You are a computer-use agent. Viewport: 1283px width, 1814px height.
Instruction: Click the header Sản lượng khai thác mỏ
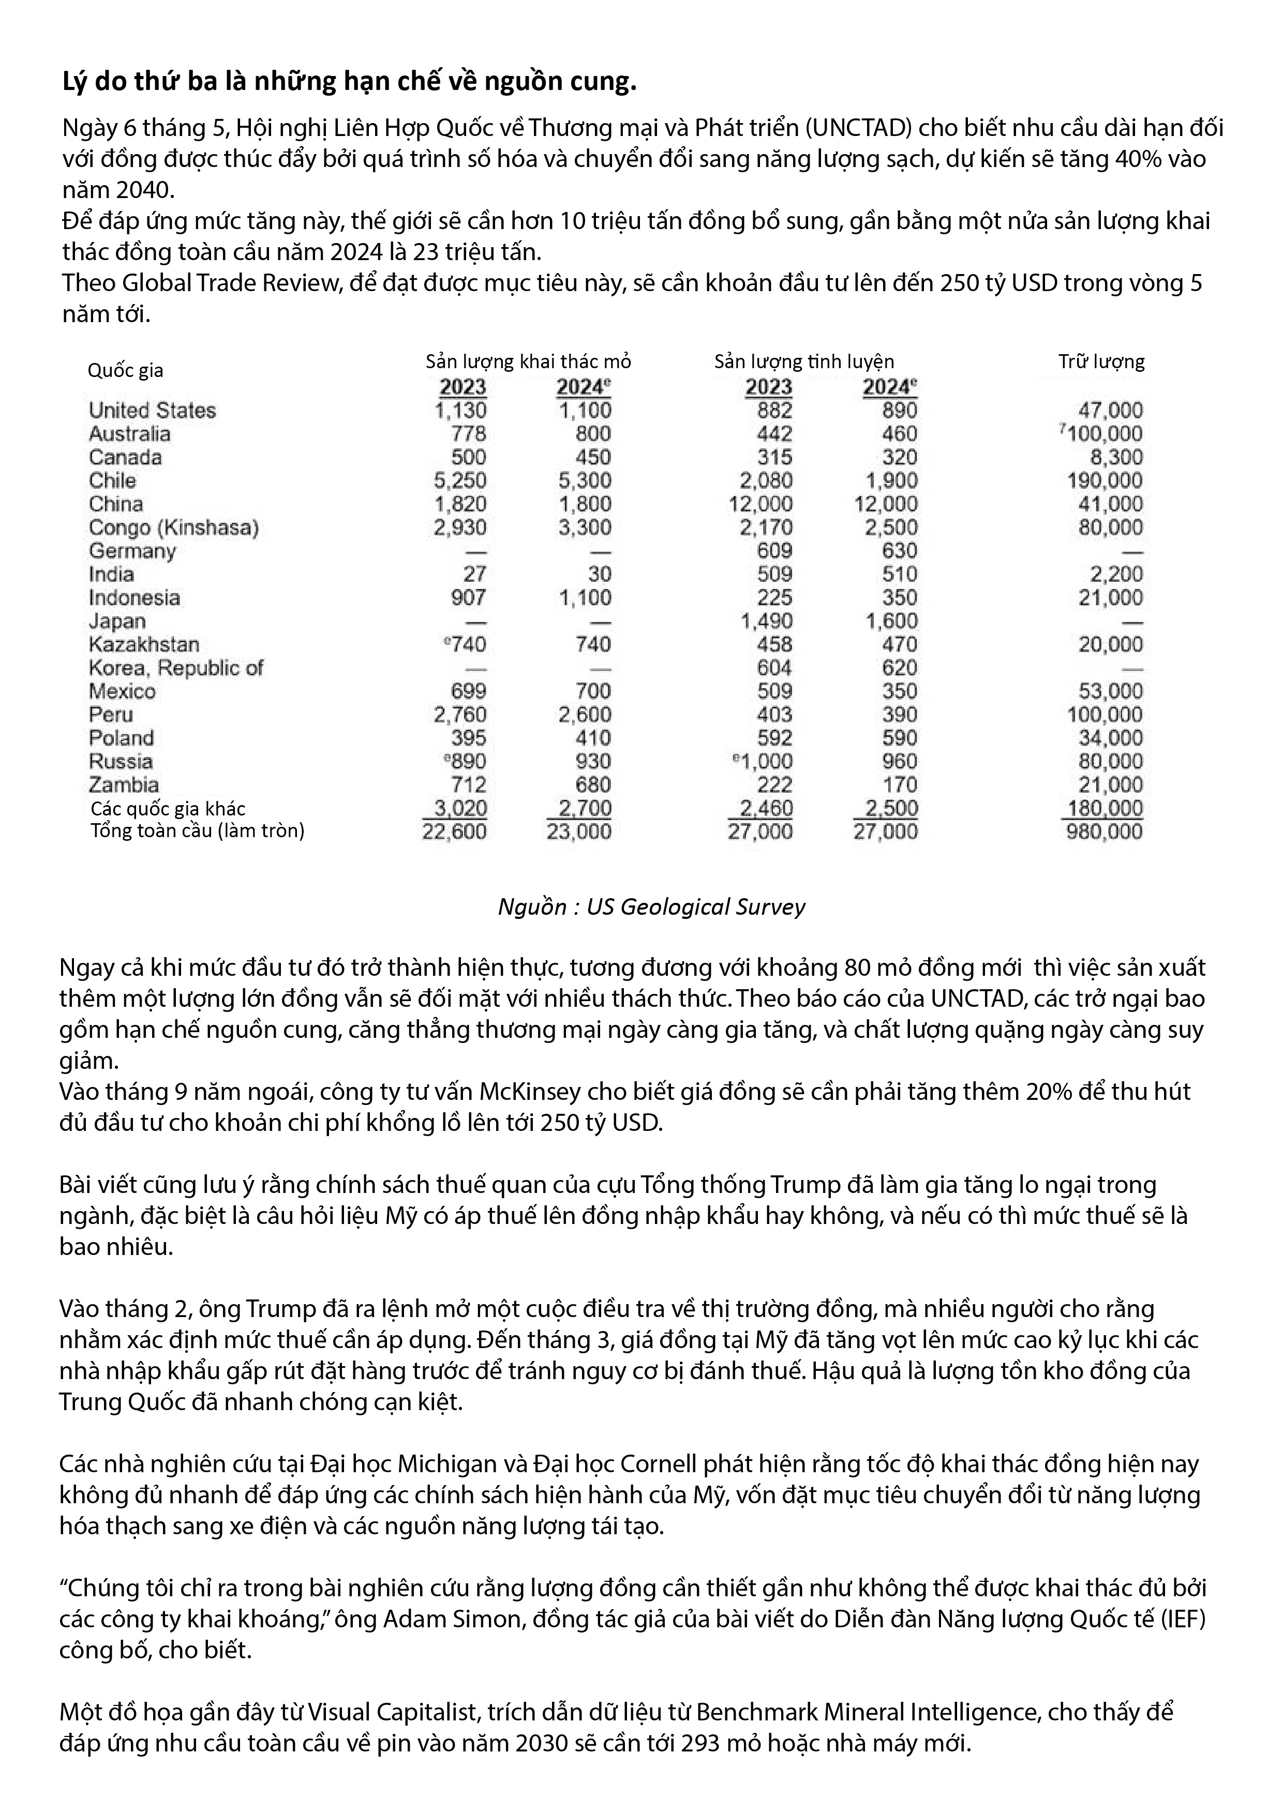tap(528, 362)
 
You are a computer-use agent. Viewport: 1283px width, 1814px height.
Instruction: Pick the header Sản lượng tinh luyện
tap(804, 362)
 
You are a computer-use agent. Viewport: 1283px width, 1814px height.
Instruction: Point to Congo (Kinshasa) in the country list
tap(173, 527)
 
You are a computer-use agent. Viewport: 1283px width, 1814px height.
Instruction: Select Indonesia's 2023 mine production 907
tap(468, 597)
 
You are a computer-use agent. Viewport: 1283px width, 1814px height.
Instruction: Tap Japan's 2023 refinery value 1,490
tap(765, 621)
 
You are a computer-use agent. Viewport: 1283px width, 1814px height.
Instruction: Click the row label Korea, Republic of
tap(175, 668)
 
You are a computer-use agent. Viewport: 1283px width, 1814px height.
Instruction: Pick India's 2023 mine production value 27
tap(474, 575)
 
